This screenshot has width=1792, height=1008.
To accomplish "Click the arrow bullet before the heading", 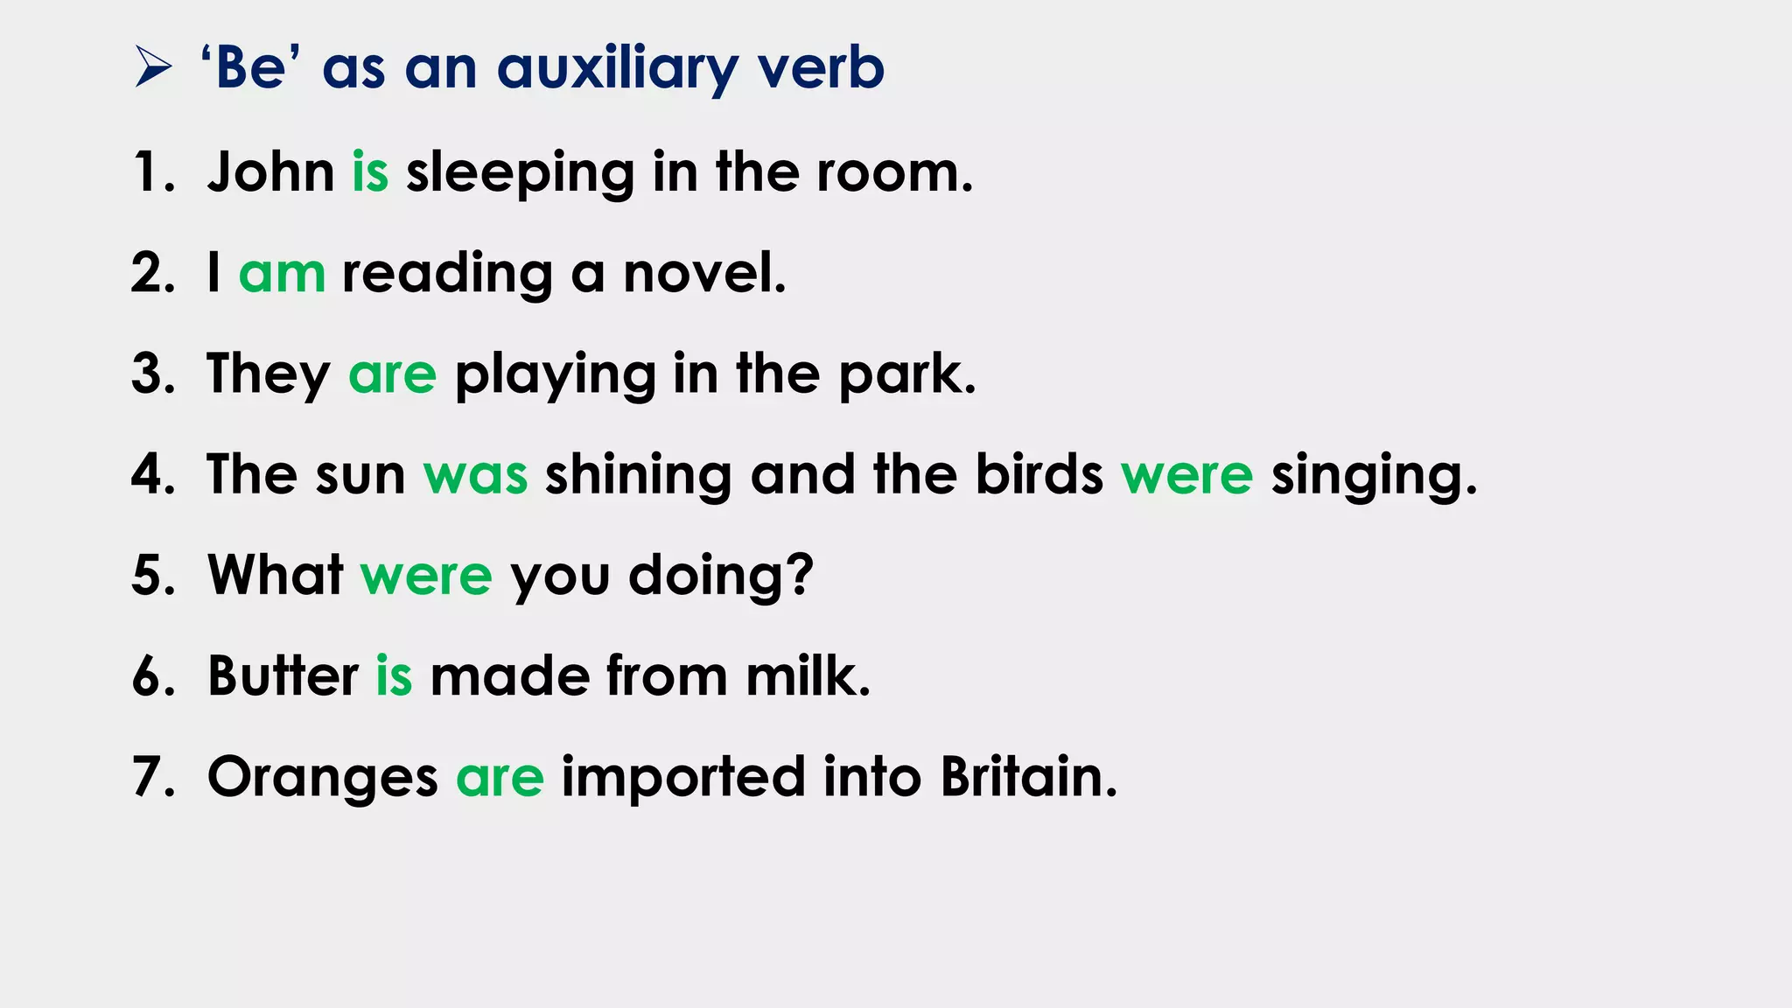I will click(x=153, y=68).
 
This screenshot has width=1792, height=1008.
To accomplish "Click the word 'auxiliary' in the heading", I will click(x=618, y=69).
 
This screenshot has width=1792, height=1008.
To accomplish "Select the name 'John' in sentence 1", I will click(x=270, y=171).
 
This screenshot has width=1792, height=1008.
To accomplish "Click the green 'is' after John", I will click(x=370, y=171).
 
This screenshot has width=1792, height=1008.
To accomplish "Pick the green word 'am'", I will click(x=282, y=273).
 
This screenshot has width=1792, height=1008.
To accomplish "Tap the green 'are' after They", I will click(x=392, y=374).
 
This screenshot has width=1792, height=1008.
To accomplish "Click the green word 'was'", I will click(x=475, y=475).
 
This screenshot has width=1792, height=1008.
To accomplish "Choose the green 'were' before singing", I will click(x=1186, y=475).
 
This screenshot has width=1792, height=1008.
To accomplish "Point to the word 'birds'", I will click(x=1039, y=475).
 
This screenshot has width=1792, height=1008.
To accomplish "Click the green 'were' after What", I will click(x=426, y=576).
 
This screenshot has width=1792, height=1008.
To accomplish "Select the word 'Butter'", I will click(x=283, y=676).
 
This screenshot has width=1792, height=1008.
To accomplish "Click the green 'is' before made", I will click(x=394, y=676).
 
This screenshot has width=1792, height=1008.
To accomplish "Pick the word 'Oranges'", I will click(x=322, y=778).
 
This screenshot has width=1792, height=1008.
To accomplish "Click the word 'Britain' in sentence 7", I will click(x=1027, y=776).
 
